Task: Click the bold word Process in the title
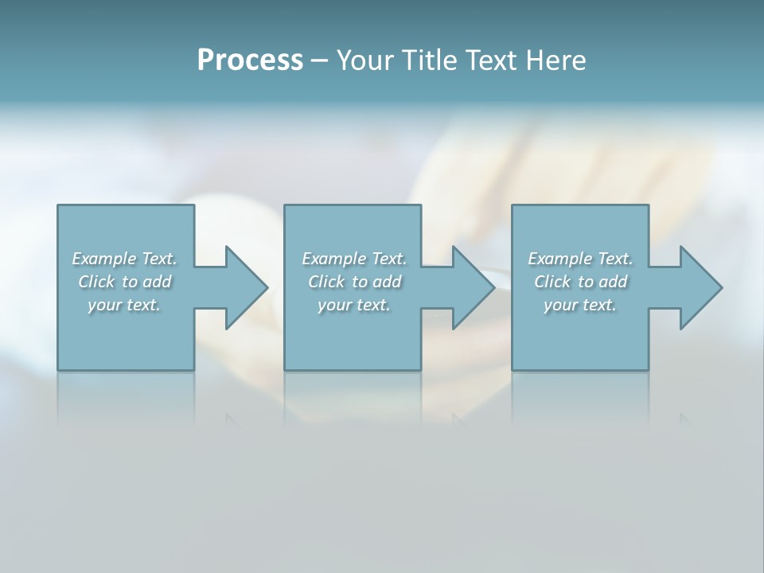pyautogui.click(x=250, y=60)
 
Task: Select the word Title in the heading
pyautogui.click(x=429, y=60)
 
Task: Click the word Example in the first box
pyautogui.click(x=103, y=259)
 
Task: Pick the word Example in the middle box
pyautogui.click(x=333, y=259)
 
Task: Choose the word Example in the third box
pyautogui.click(x=559, y=259)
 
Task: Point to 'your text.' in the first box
pyautogui.click(x=124, y=305)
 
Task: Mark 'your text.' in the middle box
pyautogui.click(x=354, y=305)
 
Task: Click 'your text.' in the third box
pyautogui.click(x=580, y=305)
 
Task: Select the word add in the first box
pyautogui.click(x=158, y=282)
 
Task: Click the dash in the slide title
pyautogui.click(x=319, y=60)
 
